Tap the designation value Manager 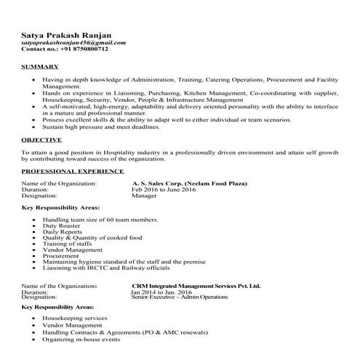coord(144,196)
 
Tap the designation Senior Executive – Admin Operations coord(183,298)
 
